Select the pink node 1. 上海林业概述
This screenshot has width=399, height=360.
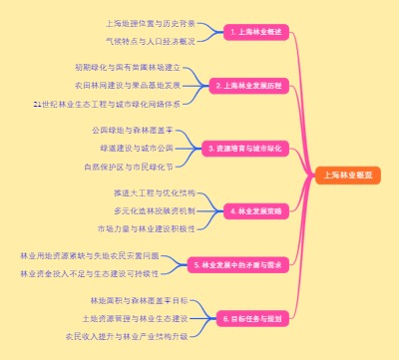pos(255,32)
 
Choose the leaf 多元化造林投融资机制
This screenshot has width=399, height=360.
pos(154,210)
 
